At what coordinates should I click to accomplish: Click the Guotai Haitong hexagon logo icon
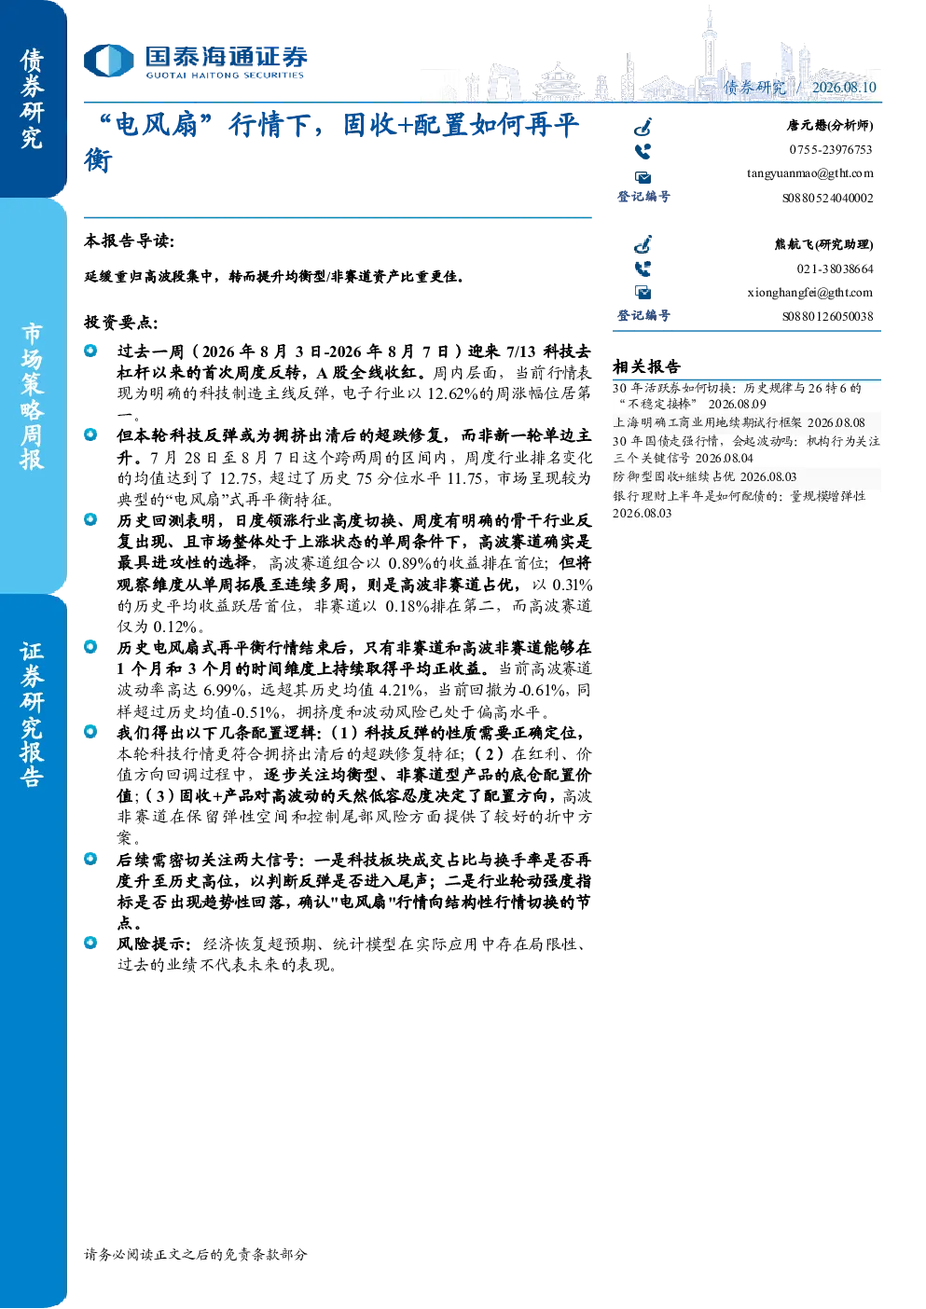(x=109, y=61)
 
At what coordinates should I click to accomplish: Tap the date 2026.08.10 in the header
(x=844, y=87)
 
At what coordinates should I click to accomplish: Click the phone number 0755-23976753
(x=830, y=149)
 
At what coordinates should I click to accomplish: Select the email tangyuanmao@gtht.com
(x=809, y=173)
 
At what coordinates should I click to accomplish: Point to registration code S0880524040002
(x=827, y=198)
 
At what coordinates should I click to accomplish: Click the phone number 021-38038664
(x=835, y=269)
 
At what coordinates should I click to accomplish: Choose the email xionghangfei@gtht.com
(x=809, y=293)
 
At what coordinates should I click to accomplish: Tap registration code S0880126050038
(x=827, y=317)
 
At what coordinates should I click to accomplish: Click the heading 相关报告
(x=646, y=367)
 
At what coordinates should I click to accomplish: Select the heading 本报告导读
(x=129, y=241)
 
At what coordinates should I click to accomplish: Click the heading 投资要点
(x=120, y=322)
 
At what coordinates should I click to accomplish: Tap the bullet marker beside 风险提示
(x=90, y=943)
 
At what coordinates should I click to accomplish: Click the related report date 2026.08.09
(x=738, y=405)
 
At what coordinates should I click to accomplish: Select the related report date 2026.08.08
(x=836, y=422)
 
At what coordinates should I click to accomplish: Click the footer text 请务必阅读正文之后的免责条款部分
(x=195, y=1254)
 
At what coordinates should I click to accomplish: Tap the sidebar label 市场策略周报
(x=32, y=397)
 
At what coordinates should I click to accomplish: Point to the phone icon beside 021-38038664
(x=643, y=269)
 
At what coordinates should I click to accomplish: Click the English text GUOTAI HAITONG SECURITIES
(x=225, y=76)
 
